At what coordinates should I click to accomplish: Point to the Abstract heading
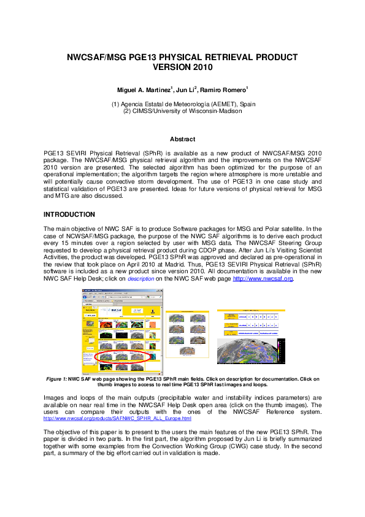tap(182, 139)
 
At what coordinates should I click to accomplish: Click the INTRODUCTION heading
tap(69, 214)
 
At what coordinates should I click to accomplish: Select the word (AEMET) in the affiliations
tap(210, 104)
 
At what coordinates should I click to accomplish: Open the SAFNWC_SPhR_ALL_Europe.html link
tap(117, 419)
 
